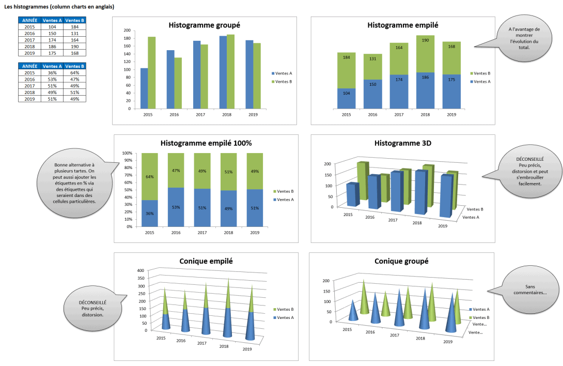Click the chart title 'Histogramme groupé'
[x=204, y=25]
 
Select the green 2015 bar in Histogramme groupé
[x=151, y=72]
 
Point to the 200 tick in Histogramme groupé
[x=127, y=30]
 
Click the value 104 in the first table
[x=52, y=27]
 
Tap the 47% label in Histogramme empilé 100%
[x=176, y=171]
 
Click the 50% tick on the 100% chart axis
[x=127, y=190]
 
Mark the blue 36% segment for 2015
[x=149, y=213]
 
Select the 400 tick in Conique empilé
[x=140, y=270]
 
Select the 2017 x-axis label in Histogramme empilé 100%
[x=202, y=233]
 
